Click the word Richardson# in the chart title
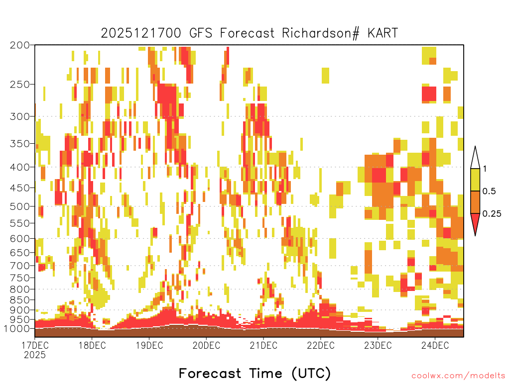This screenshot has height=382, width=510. [320, 33]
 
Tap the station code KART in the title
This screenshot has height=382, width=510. [383, 33]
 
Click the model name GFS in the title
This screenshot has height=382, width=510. [200, 33]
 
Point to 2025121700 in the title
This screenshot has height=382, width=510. [141, 33]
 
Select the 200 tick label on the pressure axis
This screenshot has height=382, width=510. [19, 45]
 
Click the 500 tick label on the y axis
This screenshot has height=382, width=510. [19, 206]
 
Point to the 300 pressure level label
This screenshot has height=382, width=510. [19, 116]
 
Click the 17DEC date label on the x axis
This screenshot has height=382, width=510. [35, 345]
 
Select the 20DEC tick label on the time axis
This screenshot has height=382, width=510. [206, 345]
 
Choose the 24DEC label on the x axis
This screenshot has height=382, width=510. [435, 345]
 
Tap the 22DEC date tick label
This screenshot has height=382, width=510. [321, 345]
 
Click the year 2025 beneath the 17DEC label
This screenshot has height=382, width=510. [35, 355]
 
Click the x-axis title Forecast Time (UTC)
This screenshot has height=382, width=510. [255, 373]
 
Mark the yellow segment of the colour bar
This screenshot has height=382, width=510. [475, 180]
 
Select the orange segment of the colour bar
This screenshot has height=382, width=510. [475, 202]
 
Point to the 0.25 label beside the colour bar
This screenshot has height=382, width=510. [492, 213]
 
